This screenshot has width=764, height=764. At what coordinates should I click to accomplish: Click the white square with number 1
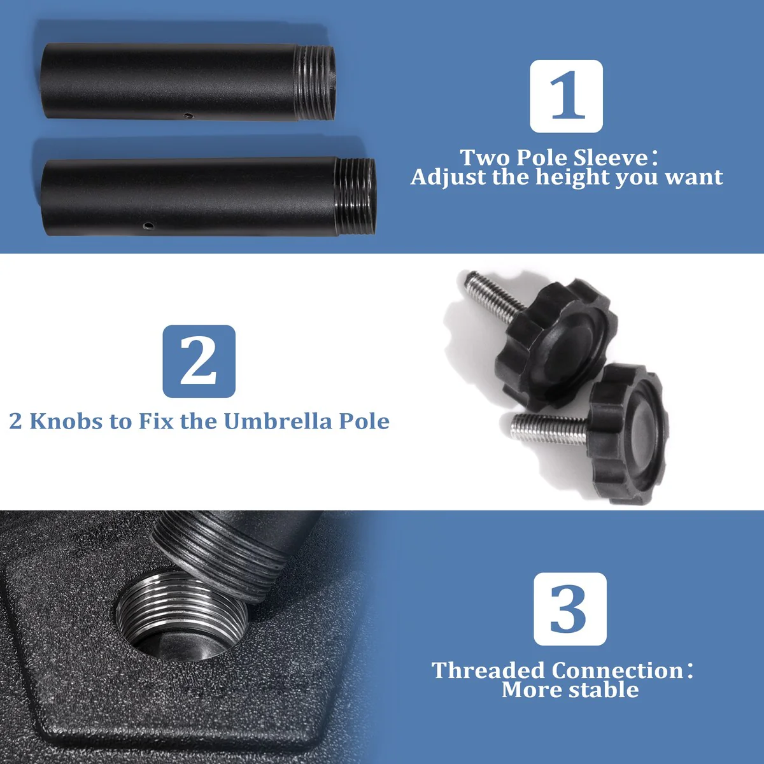click(566, 96)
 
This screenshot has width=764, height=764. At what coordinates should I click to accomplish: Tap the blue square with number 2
click(199, 361)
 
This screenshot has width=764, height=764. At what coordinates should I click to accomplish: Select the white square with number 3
click(570, 609)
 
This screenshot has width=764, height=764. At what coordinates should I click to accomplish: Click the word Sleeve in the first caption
click(611, 158)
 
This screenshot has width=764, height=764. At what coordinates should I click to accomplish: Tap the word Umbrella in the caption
click(278, 421)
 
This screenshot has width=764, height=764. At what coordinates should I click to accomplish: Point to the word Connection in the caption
click(618, 670)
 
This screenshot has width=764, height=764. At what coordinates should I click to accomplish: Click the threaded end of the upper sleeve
click(316, 83)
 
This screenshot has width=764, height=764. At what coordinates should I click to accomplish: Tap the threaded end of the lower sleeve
click(356, 197)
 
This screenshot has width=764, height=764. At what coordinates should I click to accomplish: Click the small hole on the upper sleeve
click(188, 116)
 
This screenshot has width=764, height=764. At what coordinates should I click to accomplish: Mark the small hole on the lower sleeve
click(149, 225)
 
